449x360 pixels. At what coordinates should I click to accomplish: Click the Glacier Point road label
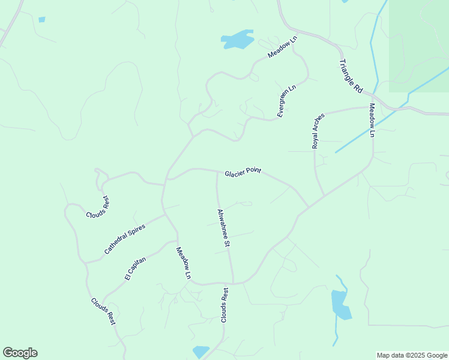click(243, 173)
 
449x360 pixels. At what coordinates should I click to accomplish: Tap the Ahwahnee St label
click(223, 228)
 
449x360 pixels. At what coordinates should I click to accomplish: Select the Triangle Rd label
click(351, 75)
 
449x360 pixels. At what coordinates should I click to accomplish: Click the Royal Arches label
click(318, 131)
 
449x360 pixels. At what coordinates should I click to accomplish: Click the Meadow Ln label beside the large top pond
click(283, 47)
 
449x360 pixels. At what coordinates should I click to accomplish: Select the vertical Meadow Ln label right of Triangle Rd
click(372, 121)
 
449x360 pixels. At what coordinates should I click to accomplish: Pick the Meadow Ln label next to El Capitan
click(183, 263)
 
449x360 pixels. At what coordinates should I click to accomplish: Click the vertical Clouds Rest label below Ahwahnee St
click(224, 305)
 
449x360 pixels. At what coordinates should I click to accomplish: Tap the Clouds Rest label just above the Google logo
click(103, 311)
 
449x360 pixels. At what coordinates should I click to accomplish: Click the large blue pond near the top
click(238, 40)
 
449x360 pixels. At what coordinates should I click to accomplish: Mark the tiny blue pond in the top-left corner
click(41, 20)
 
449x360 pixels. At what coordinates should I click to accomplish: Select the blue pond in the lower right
click(340, 304)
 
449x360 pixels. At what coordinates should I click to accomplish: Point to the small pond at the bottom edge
click(200, 351)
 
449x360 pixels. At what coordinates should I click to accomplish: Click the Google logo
click(20, 353)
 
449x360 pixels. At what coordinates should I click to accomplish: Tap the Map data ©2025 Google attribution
click(412, 355)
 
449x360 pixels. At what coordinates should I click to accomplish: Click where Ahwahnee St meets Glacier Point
click(217, 172)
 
